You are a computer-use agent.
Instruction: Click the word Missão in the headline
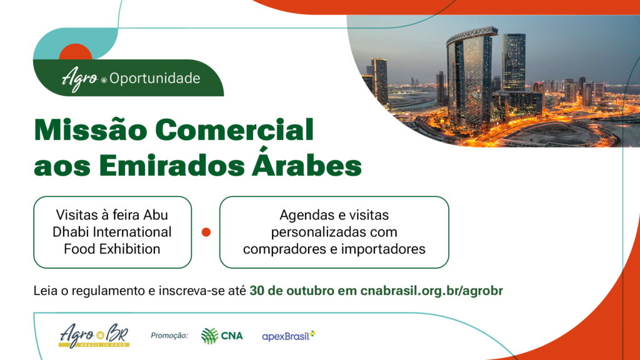point(91,129)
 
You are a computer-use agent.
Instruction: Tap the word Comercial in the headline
point(234,130)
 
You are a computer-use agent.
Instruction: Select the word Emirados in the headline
point(171,166)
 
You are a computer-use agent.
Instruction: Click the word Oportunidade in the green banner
point(155,78)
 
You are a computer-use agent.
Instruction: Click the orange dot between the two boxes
point(206,232)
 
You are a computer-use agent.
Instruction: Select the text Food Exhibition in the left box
point(112,249)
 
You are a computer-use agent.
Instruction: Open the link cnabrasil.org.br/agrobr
point(431,291)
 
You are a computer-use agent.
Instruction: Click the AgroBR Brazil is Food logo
point(94,336)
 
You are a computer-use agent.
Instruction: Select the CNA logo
point(222,336)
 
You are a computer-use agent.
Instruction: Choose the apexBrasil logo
point(289,336)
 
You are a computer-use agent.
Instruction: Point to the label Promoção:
point(169,336)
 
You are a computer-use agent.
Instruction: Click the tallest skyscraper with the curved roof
point(470,77)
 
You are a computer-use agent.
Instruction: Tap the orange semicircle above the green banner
point(76,52)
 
